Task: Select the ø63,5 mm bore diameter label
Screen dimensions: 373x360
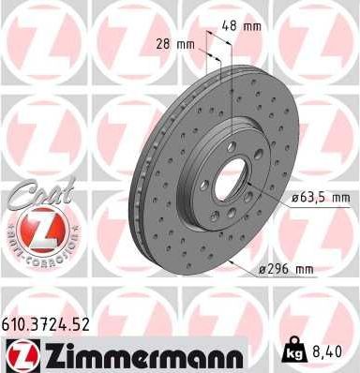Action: point(318,197)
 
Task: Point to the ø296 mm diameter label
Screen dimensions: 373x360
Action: point(285,271)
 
